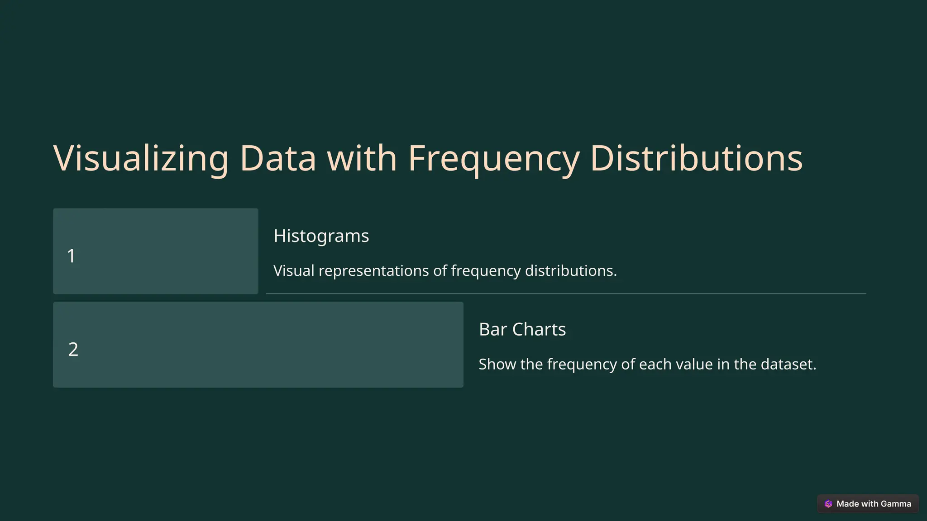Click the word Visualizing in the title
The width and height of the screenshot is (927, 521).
tap(141, 158)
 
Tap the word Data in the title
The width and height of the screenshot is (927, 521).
tap(277, 158)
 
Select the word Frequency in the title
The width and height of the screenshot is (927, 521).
tap(493, 158)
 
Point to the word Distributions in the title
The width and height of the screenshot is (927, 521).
tap(696, 158)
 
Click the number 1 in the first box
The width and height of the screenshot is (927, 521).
tap(71, 256)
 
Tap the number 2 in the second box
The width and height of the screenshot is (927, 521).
tap(73, 349)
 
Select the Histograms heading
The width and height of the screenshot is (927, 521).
tap(321, 236)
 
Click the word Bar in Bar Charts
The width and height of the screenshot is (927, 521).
tap(492, 329)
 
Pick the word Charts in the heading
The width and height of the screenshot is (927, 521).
tap(539, 329)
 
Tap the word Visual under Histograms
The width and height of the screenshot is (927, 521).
tap(294, 271)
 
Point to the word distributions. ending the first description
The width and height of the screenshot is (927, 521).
tap(571, 271)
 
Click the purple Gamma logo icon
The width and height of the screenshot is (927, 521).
tap(828, 504)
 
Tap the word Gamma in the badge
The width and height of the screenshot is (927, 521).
tap(896, 504)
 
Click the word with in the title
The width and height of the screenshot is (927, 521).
tap(362, 158)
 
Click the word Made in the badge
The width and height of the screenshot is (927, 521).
tap(847, 504)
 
